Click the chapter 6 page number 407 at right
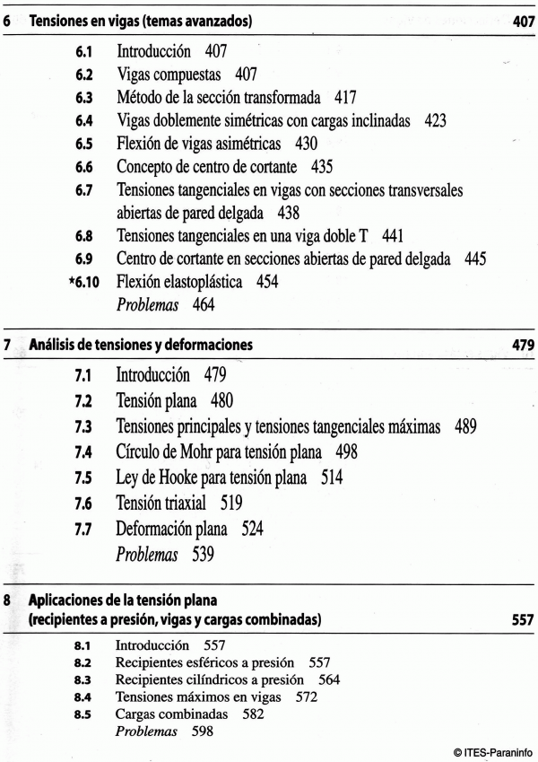point(524,20)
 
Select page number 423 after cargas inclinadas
point(436,119)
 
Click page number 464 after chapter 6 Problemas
point(209,305)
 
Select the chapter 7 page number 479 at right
point(524,344)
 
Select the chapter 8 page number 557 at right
point(522,619)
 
